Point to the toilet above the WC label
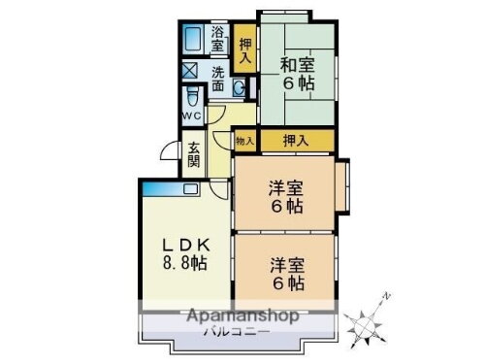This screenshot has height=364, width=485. point(192,97)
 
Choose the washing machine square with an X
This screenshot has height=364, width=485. point(189,72)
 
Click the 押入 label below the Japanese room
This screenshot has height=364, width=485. point(296,142)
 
